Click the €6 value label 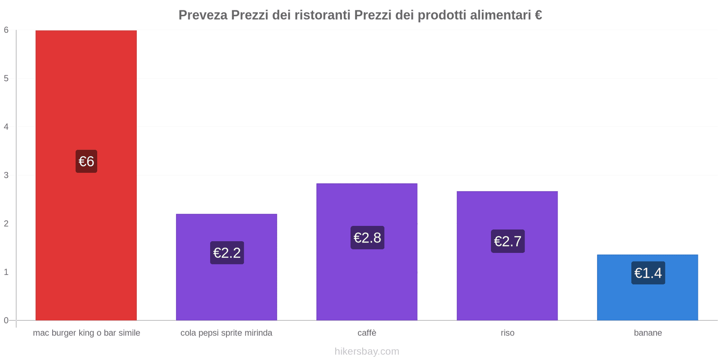click(86, 161)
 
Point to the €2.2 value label click(227, 252)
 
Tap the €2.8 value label click(367, 238)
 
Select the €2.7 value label click(508, 241)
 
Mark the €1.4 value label click(648, 273)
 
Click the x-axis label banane click(648, 333)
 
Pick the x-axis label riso click(507, 333)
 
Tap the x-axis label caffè click(367, 333)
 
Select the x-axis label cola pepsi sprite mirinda click(226, 333)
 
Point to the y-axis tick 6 click(6, 30)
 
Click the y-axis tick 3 click(6, 175)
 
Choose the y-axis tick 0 click(6, 320)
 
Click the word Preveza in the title click(203, 15)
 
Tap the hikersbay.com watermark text click(367, 351)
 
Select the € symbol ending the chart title click(538, 15)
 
